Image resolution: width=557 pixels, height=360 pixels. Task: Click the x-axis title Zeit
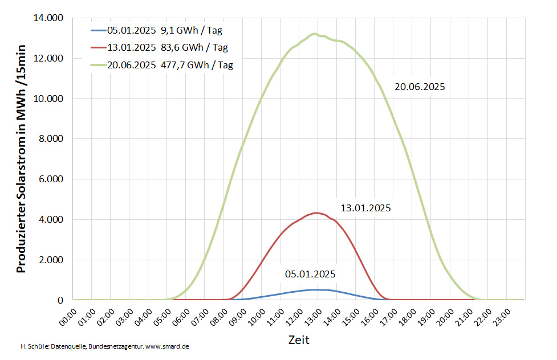(299, 340)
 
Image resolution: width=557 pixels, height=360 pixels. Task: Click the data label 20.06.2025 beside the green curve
(420, 87)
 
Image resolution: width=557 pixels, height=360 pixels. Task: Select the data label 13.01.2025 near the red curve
(365, 208)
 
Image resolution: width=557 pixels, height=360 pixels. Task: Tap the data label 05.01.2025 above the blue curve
(310, 274)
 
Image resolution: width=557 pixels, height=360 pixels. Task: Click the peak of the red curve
(316, 213)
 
